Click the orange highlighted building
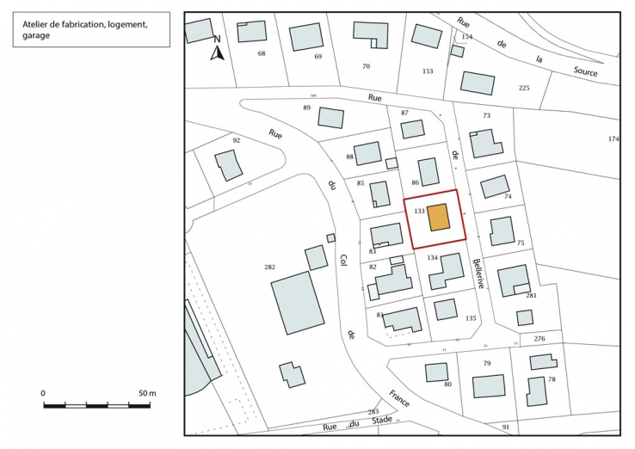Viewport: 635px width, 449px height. coord(439,218)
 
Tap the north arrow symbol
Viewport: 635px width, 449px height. coord(218,52)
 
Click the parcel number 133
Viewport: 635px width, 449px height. coord(420,210)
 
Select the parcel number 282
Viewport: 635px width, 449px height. coord(269,268)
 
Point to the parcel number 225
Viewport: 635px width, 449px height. coord(524,88)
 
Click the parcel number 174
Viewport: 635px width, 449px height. coord(613,138)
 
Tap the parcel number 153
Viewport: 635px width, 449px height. coord(428,71)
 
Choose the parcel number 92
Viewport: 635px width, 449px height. coord(236,139)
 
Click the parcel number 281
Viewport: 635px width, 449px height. coord(531,295)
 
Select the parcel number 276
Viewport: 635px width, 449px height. coord(539,339)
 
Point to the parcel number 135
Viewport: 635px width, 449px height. coord(471,318)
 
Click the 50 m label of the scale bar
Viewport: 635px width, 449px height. coord(147,392)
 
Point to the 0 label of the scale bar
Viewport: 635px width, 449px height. coord(44,392)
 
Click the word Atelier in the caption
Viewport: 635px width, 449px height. coord(37,25)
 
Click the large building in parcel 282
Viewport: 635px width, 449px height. coord(297,301)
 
